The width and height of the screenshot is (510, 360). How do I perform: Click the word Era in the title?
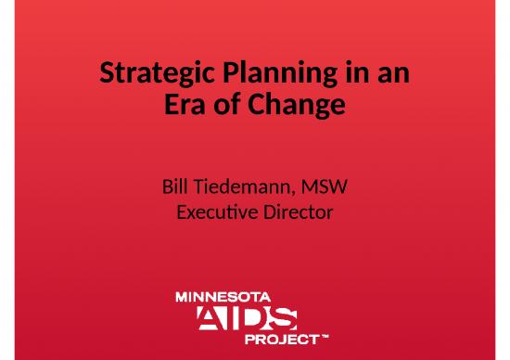click(x=184, y=108)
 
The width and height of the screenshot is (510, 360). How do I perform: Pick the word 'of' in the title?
click(x=227, y=108)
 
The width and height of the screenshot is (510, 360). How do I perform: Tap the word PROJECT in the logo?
click(x=280, y=340)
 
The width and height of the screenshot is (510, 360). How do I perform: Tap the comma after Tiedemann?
click(x=296, y=195)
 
